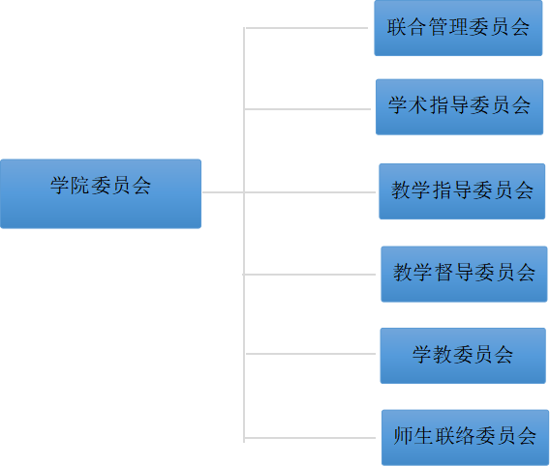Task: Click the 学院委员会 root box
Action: pyautogui.click(x=101, y=193)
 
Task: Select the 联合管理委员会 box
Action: pyautogui.click(x=458, y=28)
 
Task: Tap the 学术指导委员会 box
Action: pyautogui.click(x=460, y=106)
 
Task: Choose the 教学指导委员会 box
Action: pyautogui.click(x=462, y=191)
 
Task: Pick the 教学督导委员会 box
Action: pyautogui.click(x=464, y=274)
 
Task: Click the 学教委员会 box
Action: pyautogui.click(x=463, y=356)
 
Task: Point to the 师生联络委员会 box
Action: pyautogui.click(x=465, y=437)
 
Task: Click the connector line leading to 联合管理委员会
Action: pyautogui.click(x=307, y=28)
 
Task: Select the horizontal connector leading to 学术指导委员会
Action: pyautogui.click(x=307, y=109)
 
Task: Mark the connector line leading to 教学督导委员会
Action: pyautogui.click(x=309, y=275)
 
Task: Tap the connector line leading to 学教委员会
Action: pyautogui.click(x=311, y=354)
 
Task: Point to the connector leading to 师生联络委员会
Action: pyautogui.click(x=310, y=438)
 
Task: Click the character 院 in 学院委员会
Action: pyautogui.click(x=80, y=186)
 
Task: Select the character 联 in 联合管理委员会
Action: pyautogui.click(x=396, y=27)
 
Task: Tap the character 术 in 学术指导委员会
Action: pyautogui.click(x=418, y=104)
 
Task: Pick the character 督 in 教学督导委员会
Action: pyautogui.click(x=443, y=272)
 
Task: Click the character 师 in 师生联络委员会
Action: pyautogui.click(x=403, y=436)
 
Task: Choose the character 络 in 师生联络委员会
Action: pyautogui.click(x=465, y=436)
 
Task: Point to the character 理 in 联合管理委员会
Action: pyautogui.click(x=458, y=27)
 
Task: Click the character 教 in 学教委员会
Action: pyautogui.click(x=443, y=354)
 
